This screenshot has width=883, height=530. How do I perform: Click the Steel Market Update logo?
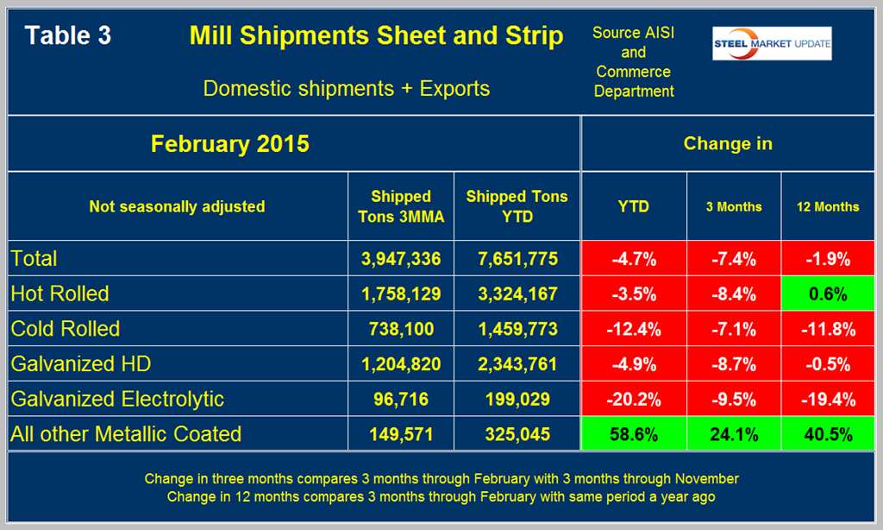click(771, 44)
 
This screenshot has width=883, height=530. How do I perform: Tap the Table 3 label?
click(67, 36)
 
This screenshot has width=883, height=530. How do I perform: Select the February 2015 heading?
click(229, 143)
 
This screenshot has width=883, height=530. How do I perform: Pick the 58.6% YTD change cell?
click(634, 433)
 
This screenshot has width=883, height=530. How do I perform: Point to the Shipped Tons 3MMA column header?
click(401, 206)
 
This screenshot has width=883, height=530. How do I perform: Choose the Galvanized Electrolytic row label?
click(117, 398)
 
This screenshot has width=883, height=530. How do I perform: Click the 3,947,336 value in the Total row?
click(401, 259)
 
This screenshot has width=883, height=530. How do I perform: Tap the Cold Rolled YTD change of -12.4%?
click(634, 329)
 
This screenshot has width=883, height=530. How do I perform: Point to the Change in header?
click(728, 143)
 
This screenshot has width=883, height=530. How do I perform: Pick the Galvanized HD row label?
click(81, 363)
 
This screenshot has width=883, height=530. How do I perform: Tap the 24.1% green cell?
click(734, 433)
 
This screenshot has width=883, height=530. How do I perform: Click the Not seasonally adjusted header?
click(177, 206)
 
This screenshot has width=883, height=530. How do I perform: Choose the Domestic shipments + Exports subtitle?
click(347, 88)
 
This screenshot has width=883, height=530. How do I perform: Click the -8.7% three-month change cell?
click(734, 363)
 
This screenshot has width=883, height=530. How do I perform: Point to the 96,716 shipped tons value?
click(401, 398)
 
